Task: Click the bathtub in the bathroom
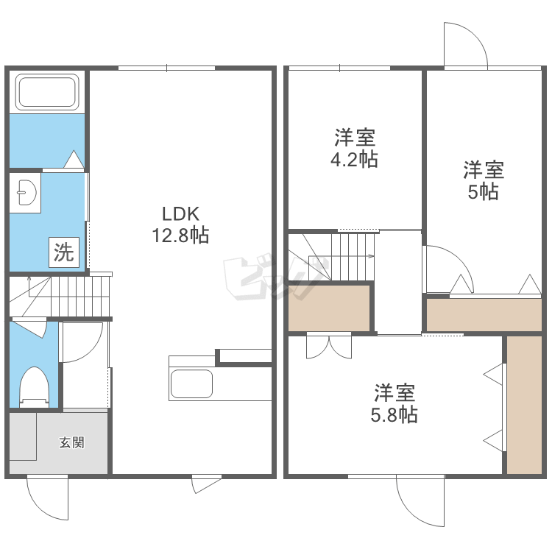click(x=47, y=92)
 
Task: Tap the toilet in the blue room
click(x=34, y=387)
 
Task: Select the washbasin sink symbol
click(x=26, y=192)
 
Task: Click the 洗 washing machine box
click(x=64, y=252)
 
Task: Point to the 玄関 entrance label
click(x=72, y=442)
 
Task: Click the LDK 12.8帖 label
click(x=180, y=224)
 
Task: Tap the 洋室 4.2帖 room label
click(x=354, y=148)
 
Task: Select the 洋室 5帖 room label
click(x=484, y=180)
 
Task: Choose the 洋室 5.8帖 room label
click(x=394, y=403)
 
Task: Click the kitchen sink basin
click(x=191, y=383)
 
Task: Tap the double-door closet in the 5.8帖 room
click(x=329, y=346)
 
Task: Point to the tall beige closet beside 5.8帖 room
click(x=524, y=405)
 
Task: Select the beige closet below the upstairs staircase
click(x=329, y=308)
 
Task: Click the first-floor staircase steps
click(x=60, y=297)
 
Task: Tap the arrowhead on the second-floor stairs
click(x=372, y=256)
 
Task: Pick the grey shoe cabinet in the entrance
click(x=23, y=436)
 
